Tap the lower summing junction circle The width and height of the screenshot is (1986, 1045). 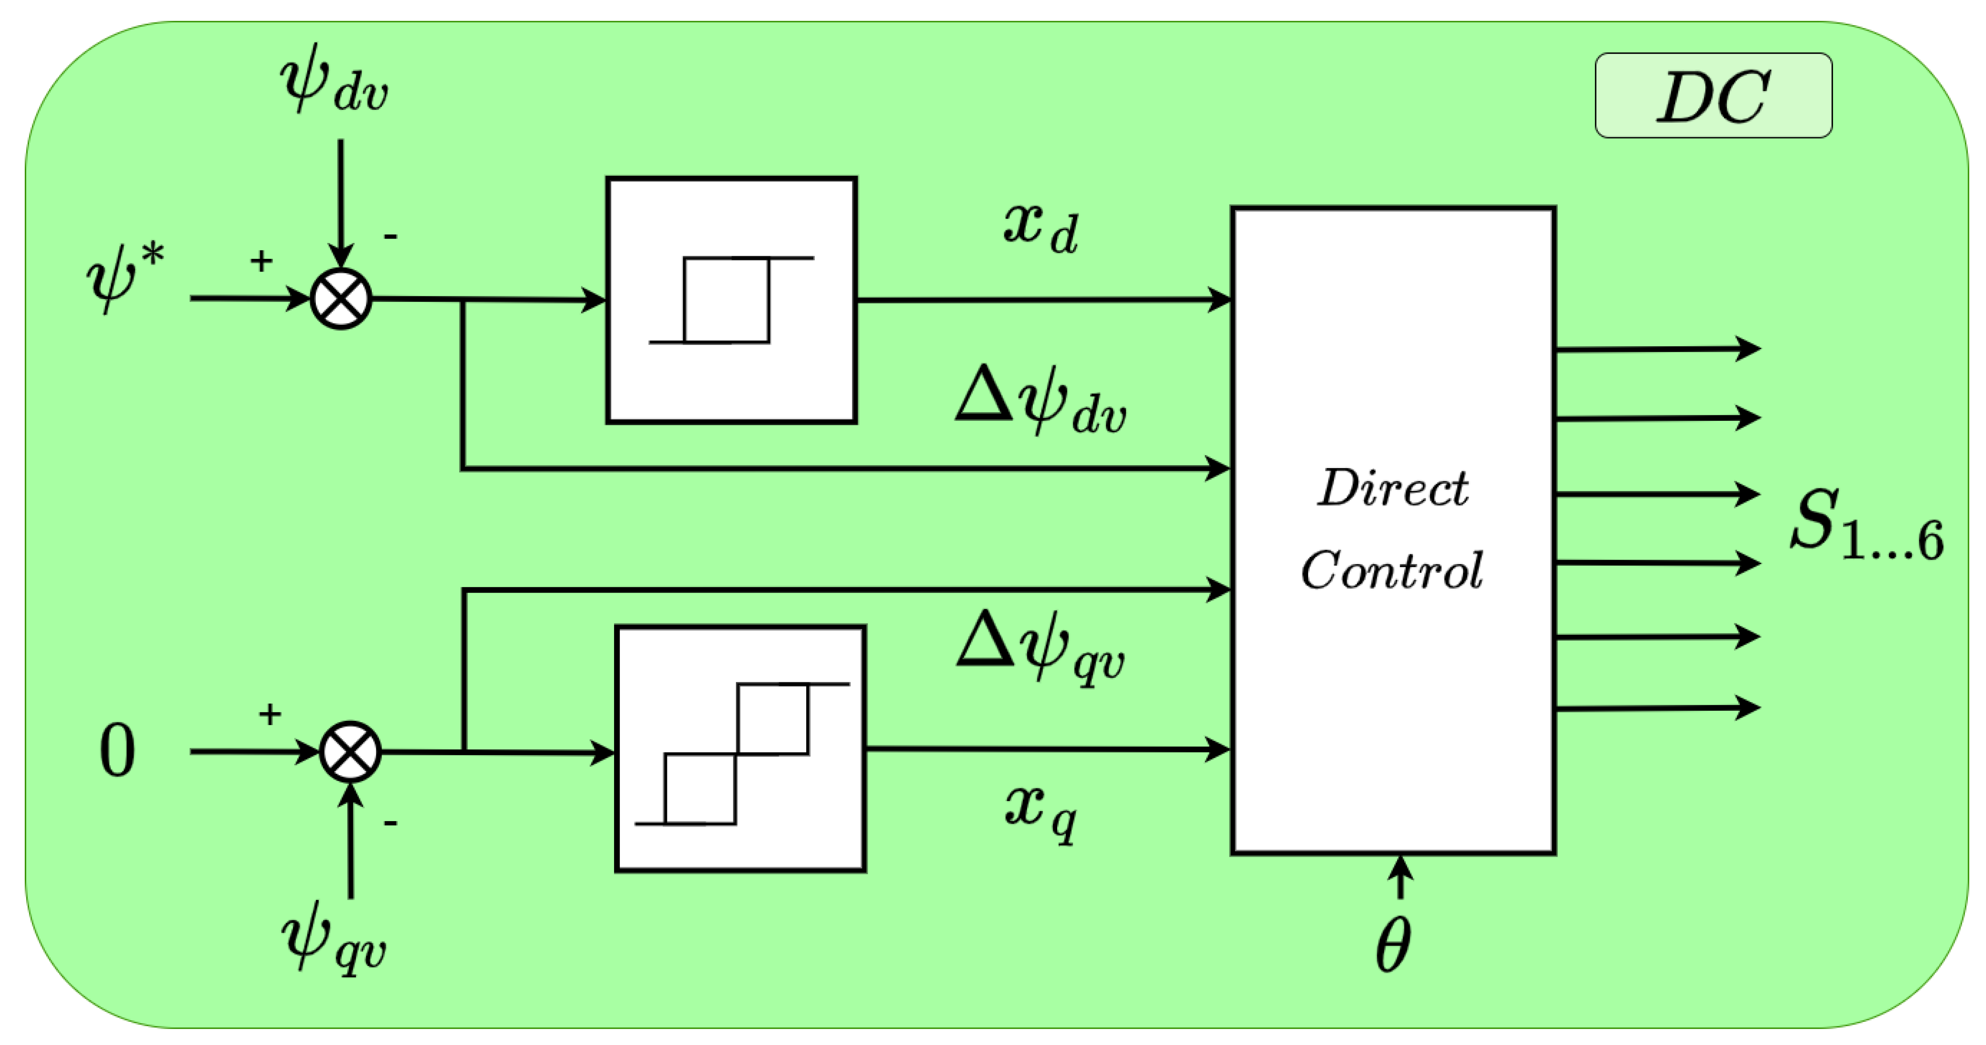pyautogui.click(x=350, y=751)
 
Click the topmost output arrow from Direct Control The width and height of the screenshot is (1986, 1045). pyautogui.click(x=1658, y=349)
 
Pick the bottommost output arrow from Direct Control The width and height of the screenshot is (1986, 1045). pyautogui.click(x=1658, y=707)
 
